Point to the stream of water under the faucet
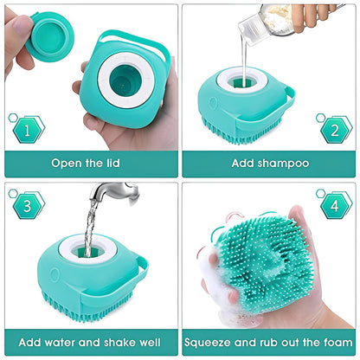click(x=89, y=229)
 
